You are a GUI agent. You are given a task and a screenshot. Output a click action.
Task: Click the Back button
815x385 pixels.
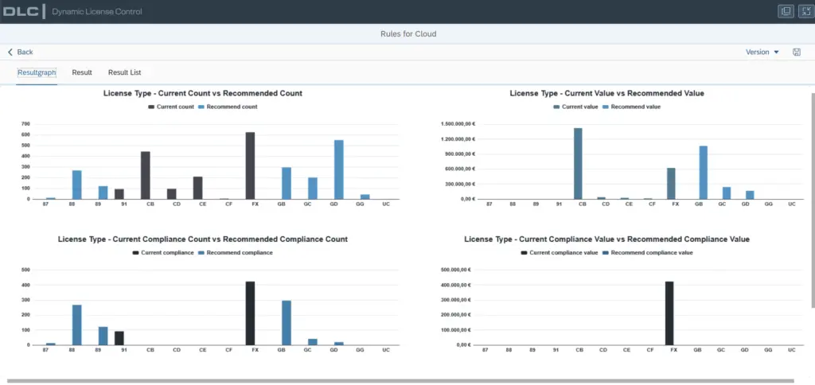pos(20,52)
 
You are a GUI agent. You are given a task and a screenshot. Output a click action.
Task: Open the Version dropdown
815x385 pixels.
pos(762,52)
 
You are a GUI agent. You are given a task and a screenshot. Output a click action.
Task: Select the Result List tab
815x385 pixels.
pos(124,72)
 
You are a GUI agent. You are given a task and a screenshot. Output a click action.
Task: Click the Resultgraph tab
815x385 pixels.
pos(37,72)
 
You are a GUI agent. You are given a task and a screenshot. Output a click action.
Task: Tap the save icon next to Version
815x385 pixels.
pos(796,52)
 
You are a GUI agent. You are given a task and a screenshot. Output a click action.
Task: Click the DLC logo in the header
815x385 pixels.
pos(21,11)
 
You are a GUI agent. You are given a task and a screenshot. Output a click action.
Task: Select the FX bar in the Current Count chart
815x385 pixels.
pos(250,165)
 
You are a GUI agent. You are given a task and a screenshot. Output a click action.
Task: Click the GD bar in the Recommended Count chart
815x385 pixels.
pos(338,169)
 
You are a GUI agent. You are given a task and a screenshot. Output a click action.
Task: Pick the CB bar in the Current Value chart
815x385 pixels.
pos(578,164)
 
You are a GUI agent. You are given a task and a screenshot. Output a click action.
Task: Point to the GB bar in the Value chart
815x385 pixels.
pos(704,173)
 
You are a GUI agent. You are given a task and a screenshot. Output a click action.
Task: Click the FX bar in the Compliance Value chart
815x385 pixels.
pos(669,313)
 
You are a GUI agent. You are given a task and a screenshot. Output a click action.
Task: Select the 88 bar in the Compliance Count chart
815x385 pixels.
pos(77,325)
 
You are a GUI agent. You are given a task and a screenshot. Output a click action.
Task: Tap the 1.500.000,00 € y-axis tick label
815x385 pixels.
pos(458,124)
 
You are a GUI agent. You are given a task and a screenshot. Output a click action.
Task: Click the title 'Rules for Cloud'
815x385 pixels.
pos(408,34)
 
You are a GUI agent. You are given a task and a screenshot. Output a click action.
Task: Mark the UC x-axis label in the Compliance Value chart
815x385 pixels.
pos(792,350)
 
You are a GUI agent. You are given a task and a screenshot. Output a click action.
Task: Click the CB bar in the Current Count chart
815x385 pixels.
pos(146,175)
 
